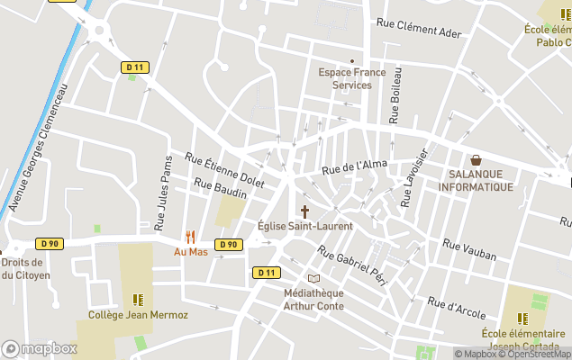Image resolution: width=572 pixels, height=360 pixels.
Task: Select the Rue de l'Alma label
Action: point(354,166)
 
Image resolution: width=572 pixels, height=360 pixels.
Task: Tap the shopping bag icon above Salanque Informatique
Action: point(476,160)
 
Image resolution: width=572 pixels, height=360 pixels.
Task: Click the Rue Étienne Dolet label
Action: point(224,169)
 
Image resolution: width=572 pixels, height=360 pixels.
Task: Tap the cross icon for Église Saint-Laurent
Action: point(304,212)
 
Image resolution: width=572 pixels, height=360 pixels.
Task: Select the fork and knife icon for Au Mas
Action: point(190,238)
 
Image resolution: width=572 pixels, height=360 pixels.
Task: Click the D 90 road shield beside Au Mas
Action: point(229,244)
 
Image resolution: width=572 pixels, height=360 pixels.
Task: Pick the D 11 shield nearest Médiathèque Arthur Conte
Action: point(266,273)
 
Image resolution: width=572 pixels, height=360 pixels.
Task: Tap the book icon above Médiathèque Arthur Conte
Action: point(313,279)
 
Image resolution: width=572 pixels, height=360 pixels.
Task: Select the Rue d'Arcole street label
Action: point(457,309)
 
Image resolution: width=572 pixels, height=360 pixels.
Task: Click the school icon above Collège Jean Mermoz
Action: point(138,300)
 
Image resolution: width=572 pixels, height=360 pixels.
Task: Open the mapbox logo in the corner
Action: point(40,348)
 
